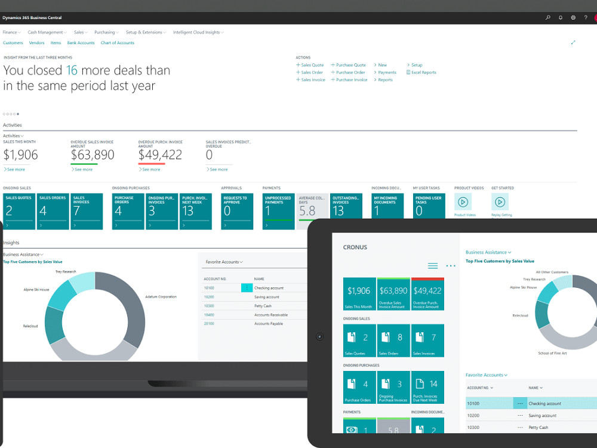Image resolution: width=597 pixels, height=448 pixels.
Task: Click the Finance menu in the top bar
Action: point(10,32)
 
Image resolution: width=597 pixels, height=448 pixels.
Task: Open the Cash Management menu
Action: point(45,32)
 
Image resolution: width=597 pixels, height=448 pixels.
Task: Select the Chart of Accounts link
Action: point(117,43)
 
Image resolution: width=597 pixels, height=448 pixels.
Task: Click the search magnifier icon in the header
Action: point(548,18)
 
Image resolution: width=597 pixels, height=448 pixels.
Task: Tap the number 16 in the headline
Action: point(72,70)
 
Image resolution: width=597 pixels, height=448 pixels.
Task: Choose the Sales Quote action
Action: point(312,65)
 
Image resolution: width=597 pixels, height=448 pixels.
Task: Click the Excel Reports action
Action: point(423,72)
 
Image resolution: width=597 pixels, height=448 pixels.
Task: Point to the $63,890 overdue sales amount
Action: point(93,155)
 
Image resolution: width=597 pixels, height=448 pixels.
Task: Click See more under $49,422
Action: point(151,170)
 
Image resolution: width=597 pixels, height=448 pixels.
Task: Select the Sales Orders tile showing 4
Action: point(53,211)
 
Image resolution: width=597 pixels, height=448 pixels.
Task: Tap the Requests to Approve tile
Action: point(237,211)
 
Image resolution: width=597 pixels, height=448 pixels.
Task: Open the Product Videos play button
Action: point(462,202)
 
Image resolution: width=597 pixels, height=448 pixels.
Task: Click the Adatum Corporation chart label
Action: point(161,297)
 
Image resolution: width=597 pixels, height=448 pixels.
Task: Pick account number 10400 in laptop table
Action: point(209,315)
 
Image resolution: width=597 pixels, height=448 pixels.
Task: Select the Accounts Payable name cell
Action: point(269,324)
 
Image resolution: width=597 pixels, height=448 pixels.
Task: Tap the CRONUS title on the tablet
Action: point(355,247)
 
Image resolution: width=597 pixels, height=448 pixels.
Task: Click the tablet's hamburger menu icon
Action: point(433,266)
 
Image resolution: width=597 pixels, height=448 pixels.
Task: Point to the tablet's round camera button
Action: point(319,337)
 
